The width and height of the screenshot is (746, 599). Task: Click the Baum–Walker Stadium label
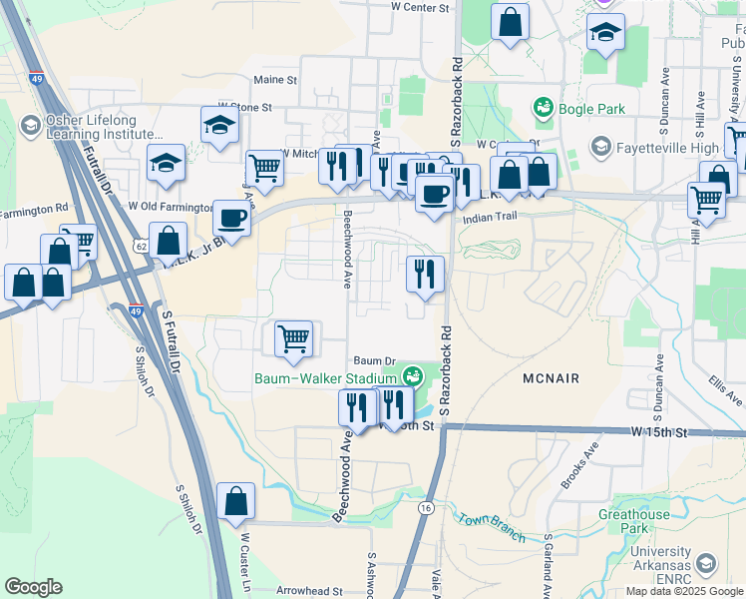click(325, 377)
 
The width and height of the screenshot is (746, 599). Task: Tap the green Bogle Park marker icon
click(544, 105)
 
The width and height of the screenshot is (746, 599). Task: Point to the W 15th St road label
click(660, 432)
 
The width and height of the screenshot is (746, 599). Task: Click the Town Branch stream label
click(491, 527)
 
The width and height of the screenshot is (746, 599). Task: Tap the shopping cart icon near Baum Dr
click(293, 338)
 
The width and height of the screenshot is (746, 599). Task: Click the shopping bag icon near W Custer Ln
click(235, 502)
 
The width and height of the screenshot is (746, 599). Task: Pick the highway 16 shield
click(426, 508)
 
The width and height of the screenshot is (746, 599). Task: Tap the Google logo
click(33, 587)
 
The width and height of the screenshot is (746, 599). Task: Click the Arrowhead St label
click(309, 591)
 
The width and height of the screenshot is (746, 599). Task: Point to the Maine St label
click(275, 79)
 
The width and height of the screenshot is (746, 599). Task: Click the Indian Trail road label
click(485, 217)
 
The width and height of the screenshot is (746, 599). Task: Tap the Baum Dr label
click(375, 361)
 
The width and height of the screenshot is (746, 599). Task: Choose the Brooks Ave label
click(578, 466)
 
